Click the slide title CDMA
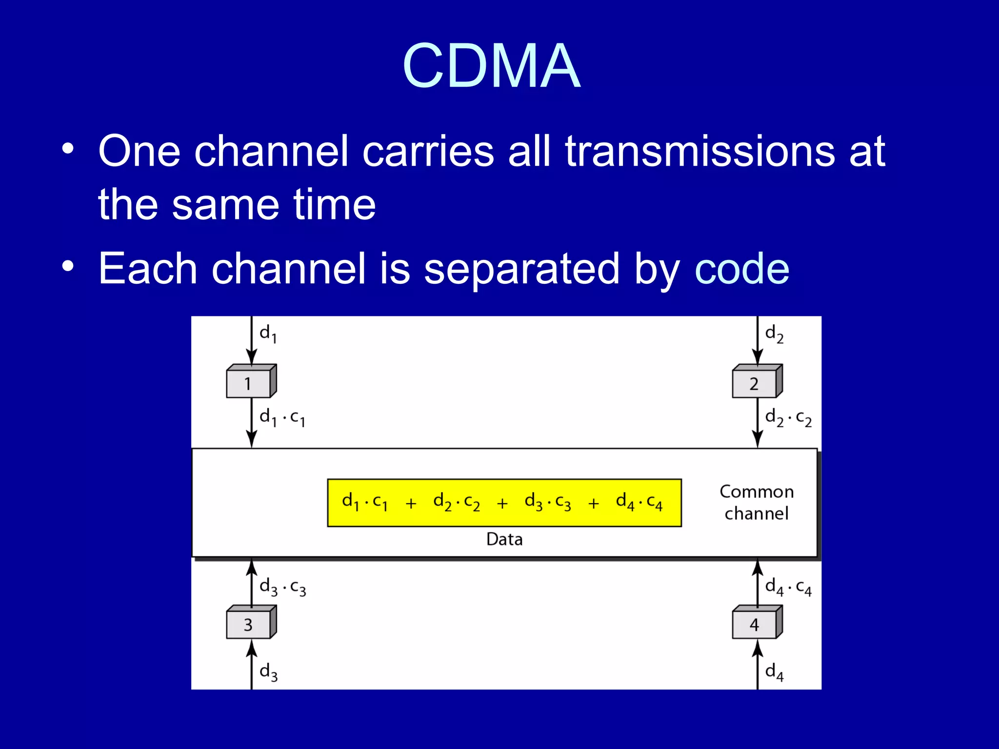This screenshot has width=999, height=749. coord(491,66)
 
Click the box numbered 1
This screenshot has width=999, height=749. coord(249,383)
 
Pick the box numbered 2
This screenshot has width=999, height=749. coord(755,383)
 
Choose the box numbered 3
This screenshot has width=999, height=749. coord(249,624)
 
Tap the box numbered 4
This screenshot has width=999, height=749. coord(755,624)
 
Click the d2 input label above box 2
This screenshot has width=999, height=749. coord(774,335)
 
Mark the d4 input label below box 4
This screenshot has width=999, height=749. coord(774,672)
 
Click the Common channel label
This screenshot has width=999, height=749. coord(757,502)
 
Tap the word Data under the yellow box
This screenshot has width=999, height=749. coord(504,539)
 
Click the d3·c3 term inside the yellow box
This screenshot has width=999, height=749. coord(547,502)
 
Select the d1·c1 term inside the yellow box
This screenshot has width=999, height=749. coord(365,502)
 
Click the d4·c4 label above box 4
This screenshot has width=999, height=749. coord(788,587)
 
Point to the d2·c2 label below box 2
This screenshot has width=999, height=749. coord(788,418)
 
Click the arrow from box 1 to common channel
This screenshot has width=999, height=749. coord(251,422)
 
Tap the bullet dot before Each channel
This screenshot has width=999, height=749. coord(68,266)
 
